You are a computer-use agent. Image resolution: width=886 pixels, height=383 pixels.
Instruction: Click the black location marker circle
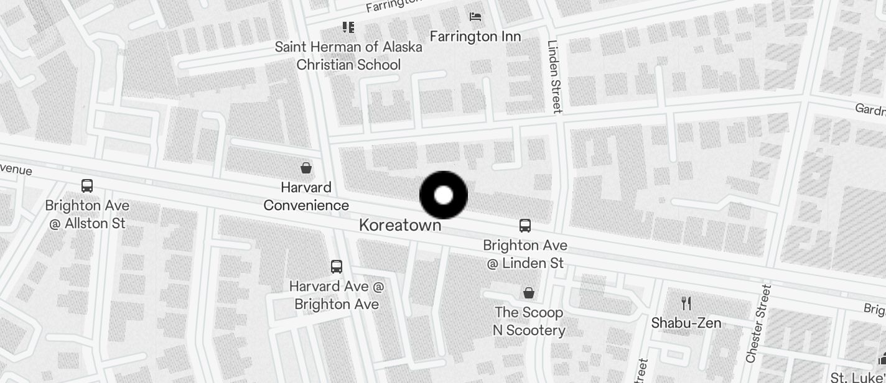[444, 195]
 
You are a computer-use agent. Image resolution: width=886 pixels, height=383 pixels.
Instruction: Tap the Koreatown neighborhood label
[400, 225]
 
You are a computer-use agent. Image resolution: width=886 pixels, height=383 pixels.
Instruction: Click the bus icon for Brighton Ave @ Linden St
[525, 226]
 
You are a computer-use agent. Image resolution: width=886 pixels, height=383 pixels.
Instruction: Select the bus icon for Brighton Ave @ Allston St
[87, 185]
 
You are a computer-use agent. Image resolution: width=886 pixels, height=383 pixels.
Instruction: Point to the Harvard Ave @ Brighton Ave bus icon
[337, 267]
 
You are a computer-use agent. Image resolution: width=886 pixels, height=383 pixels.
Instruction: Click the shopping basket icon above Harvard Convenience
[306, 167]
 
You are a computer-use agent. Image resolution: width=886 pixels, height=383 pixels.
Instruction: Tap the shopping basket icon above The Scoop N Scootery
[529, 292]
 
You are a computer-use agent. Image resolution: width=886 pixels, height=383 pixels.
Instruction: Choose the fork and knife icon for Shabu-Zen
[686, 303]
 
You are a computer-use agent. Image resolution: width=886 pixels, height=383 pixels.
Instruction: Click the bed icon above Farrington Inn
[475, 17]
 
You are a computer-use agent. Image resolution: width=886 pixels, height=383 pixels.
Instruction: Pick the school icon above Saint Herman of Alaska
[348, 27]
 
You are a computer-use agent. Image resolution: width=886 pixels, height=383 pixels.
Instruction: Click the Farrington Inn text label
[475, 36]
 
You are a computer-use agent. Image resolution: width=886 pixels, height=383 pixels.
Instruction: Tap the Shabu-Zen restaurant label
[686, 323]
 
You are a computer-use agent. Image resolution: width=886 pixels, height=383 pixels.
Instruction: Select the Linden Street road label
[554, 76]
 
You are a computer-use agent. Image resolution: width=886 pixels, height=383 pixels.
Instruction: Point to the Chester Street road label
[759, 323]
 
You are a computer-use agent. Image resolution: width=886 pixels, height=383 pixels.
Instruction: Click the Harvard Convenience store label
[306, 196]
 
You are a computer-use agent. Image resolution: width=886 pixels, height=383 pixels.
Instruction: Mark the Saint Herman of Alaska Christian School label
[348, 55]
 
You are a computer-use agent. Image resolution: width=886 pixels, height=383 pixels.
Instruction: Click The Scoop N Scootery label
[529, 321]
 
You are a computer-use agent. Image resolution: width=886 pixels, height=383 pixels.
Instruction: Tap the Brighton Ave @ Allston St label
[87, 214]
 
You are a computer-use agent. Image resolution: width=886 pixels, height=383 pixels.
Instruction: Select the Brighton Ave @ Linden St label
[525, 254]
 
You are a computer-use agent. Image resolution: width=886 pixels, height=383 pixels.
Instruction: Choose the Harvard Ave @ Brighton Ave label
[337, 295]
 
